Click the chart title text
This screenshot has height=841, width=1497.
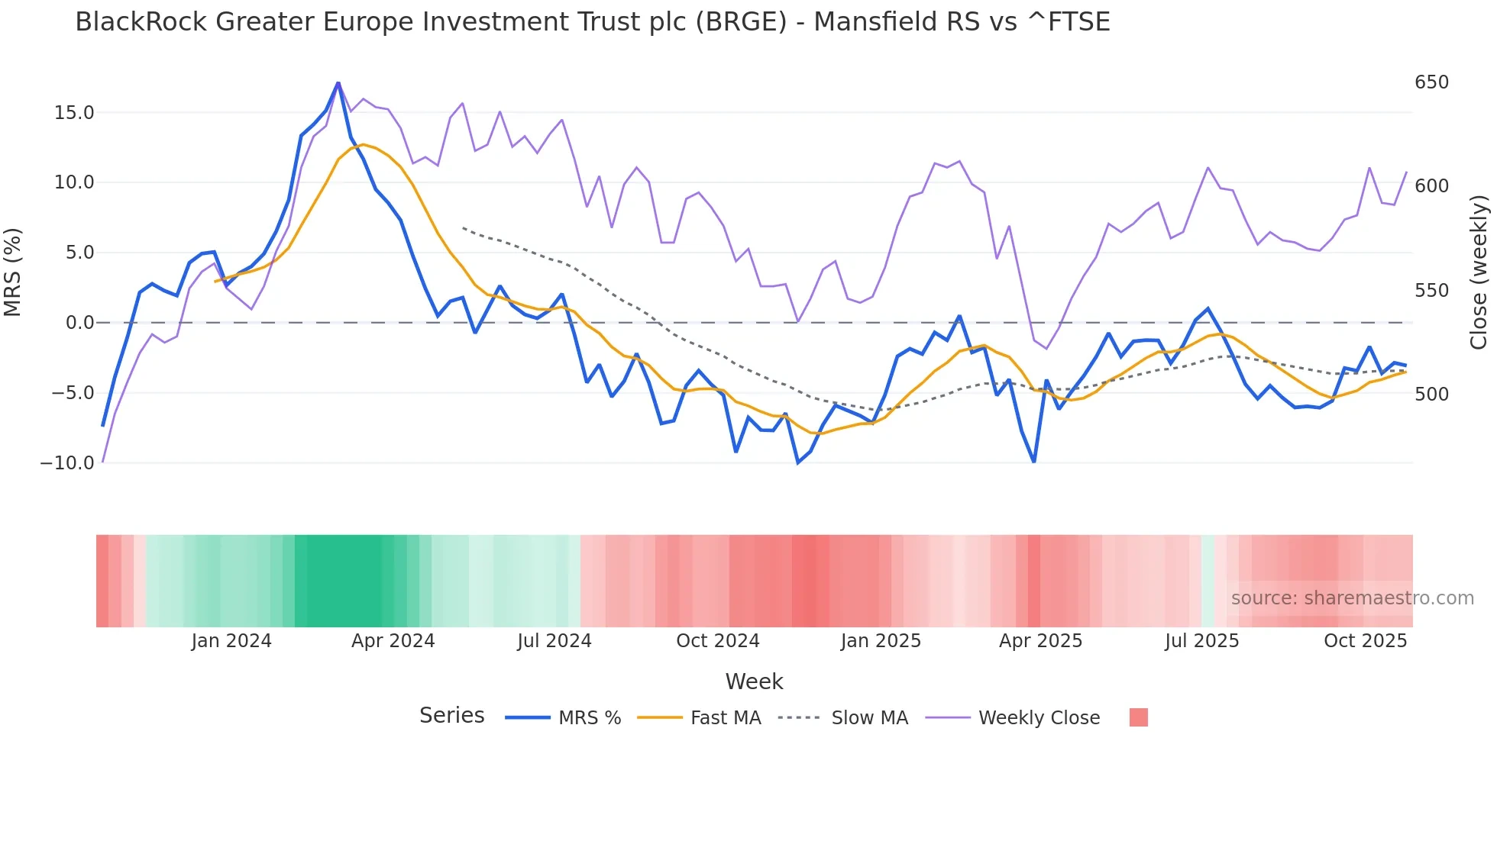[592, 22]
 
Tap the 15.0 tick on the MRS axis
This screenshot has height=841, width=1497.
[74, 113]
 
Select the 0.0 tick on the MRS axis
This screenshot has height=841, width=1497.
[79, 323]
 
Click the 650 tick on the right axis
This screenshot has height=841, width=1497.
[1431, 82]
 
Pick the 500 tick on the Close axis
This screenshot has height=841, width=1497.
[1431, 395]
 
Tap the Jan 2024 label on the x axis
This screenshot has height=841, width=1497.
[231, 641]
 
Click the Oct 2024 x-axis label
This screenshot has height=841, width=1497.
[717, 641]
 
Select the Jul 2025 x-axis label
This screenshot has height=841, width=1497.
[1201, 641]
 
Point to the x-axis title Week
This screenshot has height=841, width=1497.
[754, 681]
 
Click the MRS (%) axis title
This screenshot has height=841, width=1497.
[12, 272]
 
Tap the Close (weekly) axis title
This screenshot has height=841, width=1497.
[1479, 272]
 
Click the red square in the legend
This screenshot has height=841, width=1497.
[1138, 717]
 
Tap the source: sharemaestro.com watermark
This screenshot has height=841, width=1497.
[1352, 598]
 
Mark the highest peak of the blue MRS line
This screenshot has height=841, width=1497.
[338, 83]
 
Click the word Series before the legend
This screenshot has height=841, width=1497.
[451, 716]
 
